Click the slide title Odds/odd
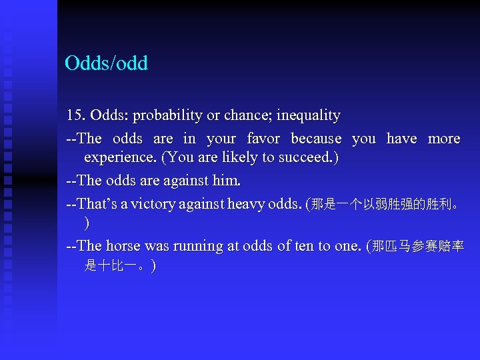[106, 63]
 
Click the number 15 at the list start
[75, 115]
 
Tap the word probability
[168, 115]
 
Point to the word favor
[263, 139]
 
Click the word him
[228, 180]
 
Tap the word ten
[304, 246]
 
